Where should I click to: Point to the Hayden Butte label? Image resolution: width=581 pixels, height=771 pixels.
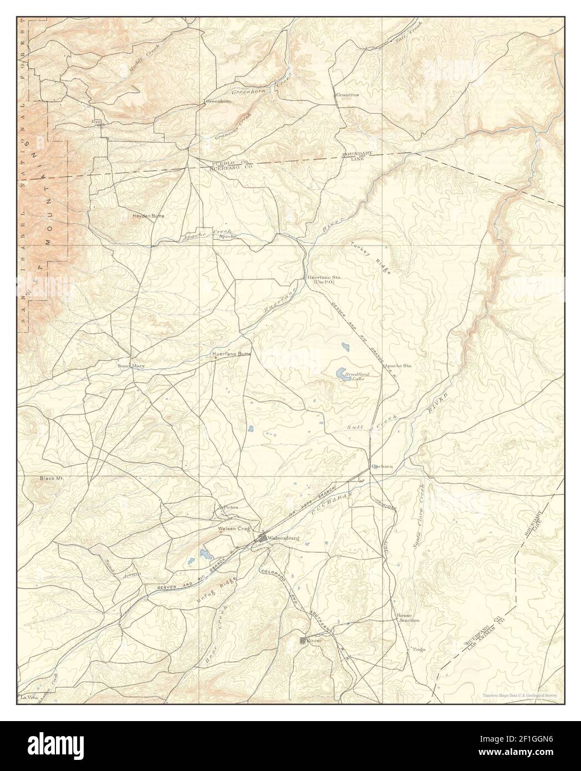(148, 216)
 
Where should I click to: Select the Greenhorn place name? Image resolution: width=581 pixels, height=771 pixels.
(218, 102)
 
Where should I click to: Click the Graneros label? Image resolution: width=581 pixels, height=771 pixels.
(348, 95)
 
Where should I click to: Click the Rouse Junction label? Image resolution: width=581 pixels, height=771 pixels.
(408, 618)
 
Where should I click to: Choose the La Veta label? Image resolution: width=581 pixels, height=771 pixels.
(27, 697)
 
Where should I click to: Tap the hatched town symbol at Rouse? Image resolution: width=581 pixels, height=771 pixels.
(303, 641)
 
